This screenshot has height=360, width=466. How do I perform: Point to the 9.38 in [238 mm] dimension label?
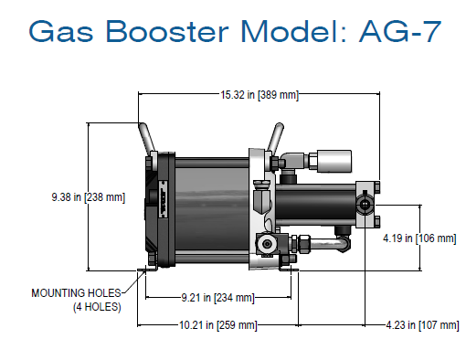click(89, 196)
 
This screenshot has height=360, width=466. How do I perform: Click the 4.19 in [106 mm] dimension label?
click(418, 238)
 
